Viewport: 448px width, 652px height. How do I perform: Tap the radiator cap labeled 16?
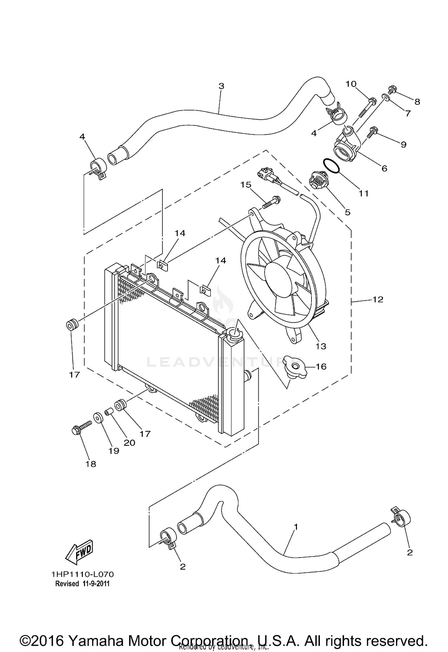click(295, 367)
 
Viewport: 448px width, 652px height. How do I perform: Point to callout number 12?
click(378, 299)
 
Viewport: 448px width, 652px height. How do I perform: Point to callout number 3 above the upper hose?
click(221, 86)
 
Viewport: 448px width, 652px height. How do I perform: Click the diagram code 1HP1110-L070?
click(82, 574)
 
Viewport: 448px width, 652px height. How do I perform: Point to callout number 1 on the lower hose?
click(296, 527)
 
